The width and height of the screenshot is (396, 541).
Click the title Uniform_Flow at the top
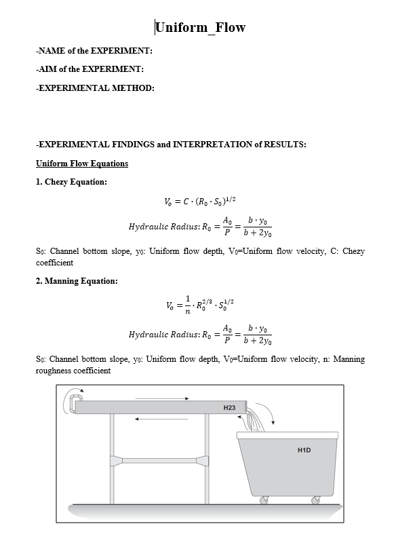pos(200,28)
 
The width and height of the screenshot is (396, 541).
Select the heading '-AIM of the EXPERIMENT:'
pos(90,69)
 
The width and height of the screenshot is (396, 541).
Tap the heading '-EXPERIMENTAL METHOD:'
pos(94,88)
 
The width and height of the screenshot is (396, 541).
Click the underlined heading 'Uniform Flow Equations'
pos(81,164)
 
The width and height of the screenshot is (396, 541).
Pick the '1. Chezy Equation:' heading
pos(71,182)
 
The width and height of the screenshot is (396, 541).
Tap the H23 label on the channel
pos(229,407)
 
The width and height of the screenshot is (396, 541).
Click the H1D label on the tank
pos(304,449)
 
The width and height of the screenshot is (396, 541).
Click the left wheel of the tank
pos(264,500)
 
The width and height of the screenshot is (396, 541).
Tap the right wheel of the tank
pos(315,500)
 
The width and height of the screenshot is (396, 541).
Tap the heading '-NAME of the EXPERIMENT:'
pos(94,50)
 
